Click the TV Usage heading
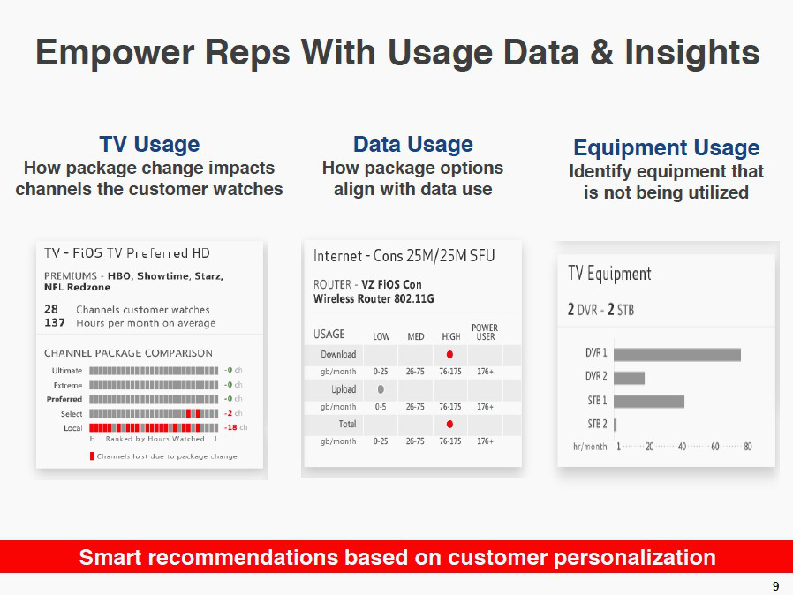pyautogui.click(x=149, y=144)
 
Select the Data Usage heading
pyautogui.click(x=412, y=144)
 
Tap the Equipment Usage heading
pyautogui.click(x=666, y=147)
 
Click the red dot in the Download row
pyautogui.click(x=449, y=354)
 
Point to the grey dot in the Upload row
pyautogui.click(x=381, y=389)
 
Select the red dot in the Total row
pyautogui.click(x=449, y=424)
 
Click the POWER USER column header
pyautogui.click(x=485, y=332)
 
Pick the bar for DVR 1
pyautogui.click(x=677, y=354)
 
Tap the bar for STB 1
pyautogui.click(x=649, y=402)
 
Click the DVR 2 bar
pyautogui.click(x=629, y=378)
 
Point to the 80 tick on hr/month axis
pyautogui.click(x=748, y=447)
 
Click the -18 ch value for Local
pyautogui.click(x=236, y=427)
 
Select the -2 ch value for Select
pyautogui.click(x=233, y=413)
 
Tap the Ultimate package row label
pyautogui.click(x=67, y=371)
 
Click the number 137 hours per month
pyautogui.click(x=55, y=322)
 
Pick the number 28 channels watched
pyautogui.click(x=51, y=309)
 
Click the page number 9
pyautogui.click(x=776, y=586)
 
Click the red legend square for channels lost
pyautogui.click(x=92, y=456)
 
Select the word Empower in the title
pyautogui.click(x=115, y=53)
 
